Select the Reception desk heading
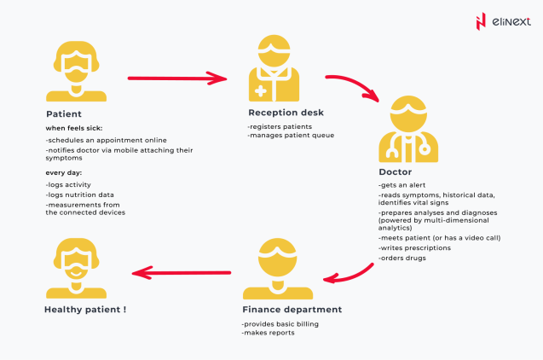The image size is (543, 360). click(286, 113)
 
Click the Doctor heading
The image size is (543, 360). click(396, 172)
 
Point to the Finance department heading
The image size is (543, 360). click(292, 310)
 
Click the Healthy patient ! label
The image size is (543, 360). click(85, 309)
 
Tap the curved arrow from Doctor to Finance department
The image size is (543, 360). click(351, 275)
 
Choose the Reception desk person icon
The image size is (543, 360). click(274, 67)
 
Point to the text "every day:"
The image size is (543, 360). click(64, 173)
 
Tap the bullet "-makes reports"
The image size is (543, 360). click(269, 333)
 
